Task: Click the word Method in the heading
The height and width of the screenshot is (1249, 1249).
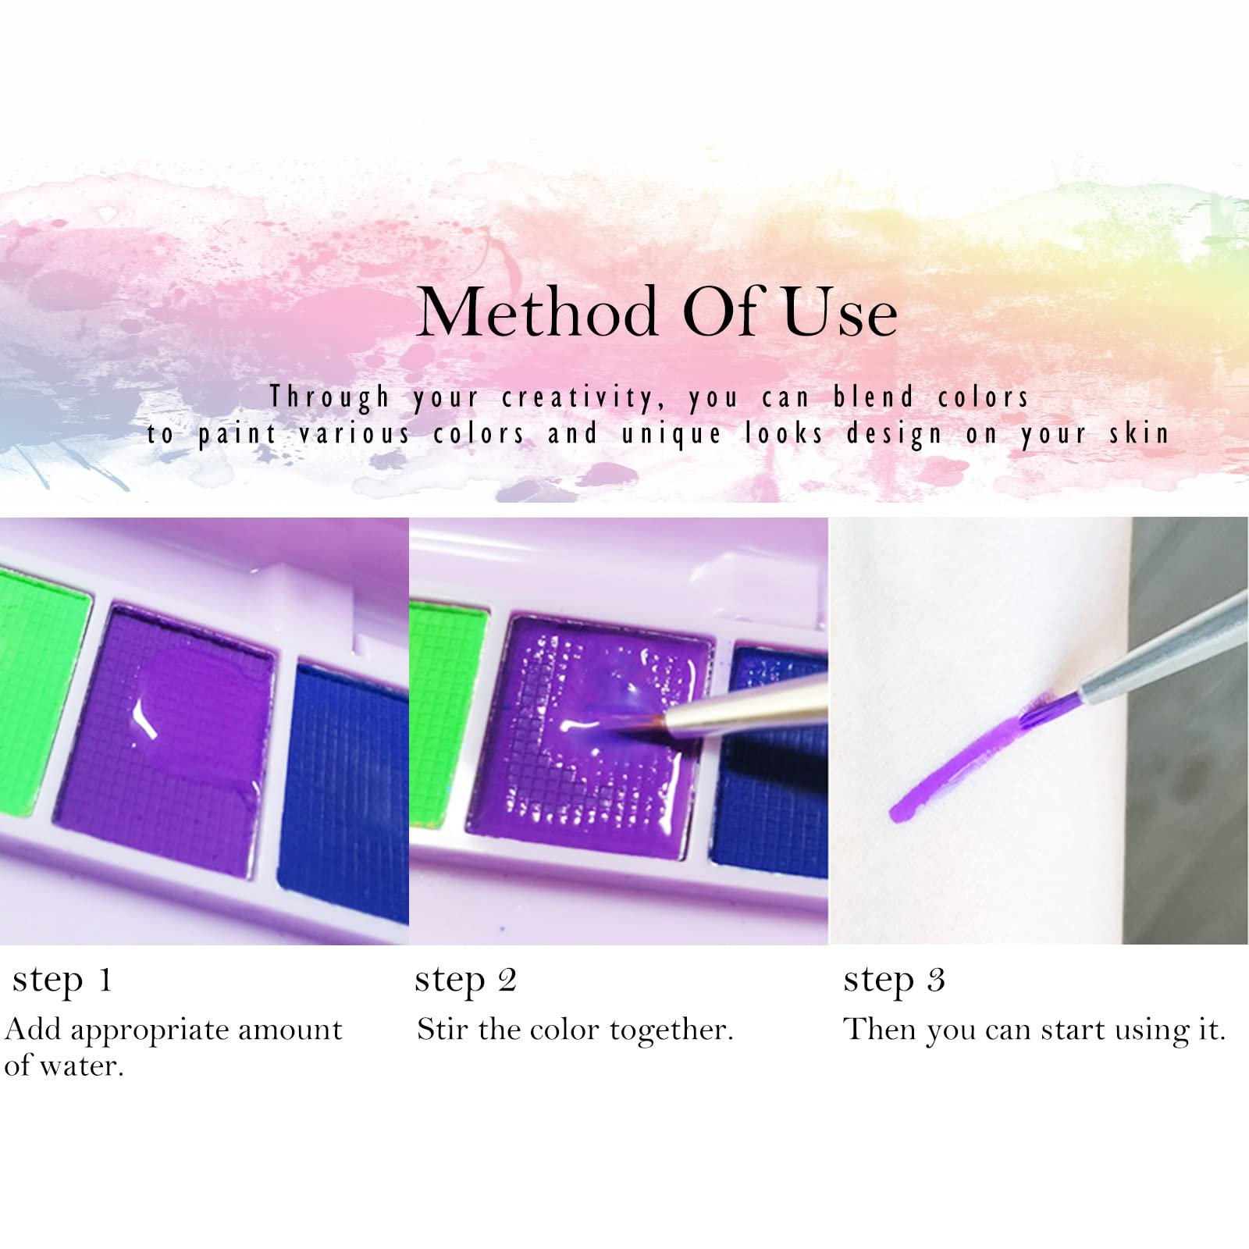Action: point(537,311)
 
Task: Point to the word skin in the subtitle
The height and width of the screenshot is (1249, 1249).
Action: point(1139,433)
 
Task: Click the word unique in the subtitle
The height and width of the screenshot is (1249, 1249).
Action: point(671,435)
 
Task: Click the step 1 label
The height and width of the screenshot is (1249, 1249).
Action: point(62,981)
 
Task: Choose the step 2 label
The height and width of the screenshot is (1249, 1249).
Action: point(465,981)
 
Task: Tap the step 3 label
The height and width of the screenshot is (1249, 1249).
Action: point(894,981)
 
